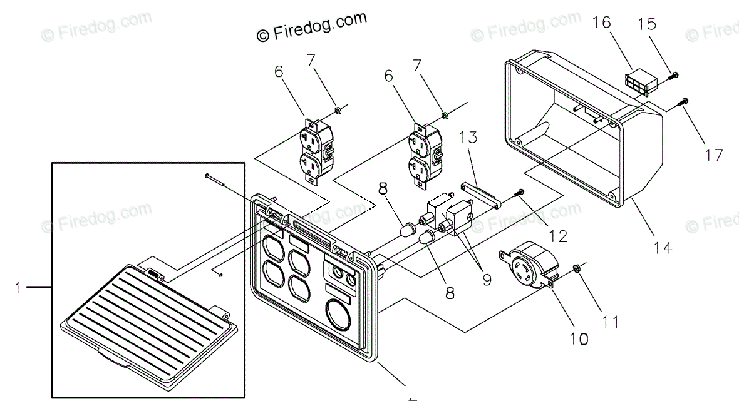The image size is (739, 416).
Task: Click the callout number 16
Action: pyautogui.click(x=602, y=23)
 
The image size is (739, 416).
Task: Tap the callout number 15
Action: pyautogui.click(x=647, y=24)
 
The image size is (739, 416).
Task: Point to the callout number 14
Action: pyautogui.click(x=663, y=247)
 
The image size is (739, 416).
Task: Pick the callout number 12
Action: pyautogui.click(x=557, y=236)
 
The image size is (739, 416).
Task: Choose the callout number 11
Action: pyautogui.click(x=611, y=322)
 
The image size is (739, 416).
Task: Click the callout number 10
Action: pyautogui.click(x=579, y=338)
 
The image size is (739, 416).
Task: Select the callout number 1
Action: pyautogui.click(x=19, y=288)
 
